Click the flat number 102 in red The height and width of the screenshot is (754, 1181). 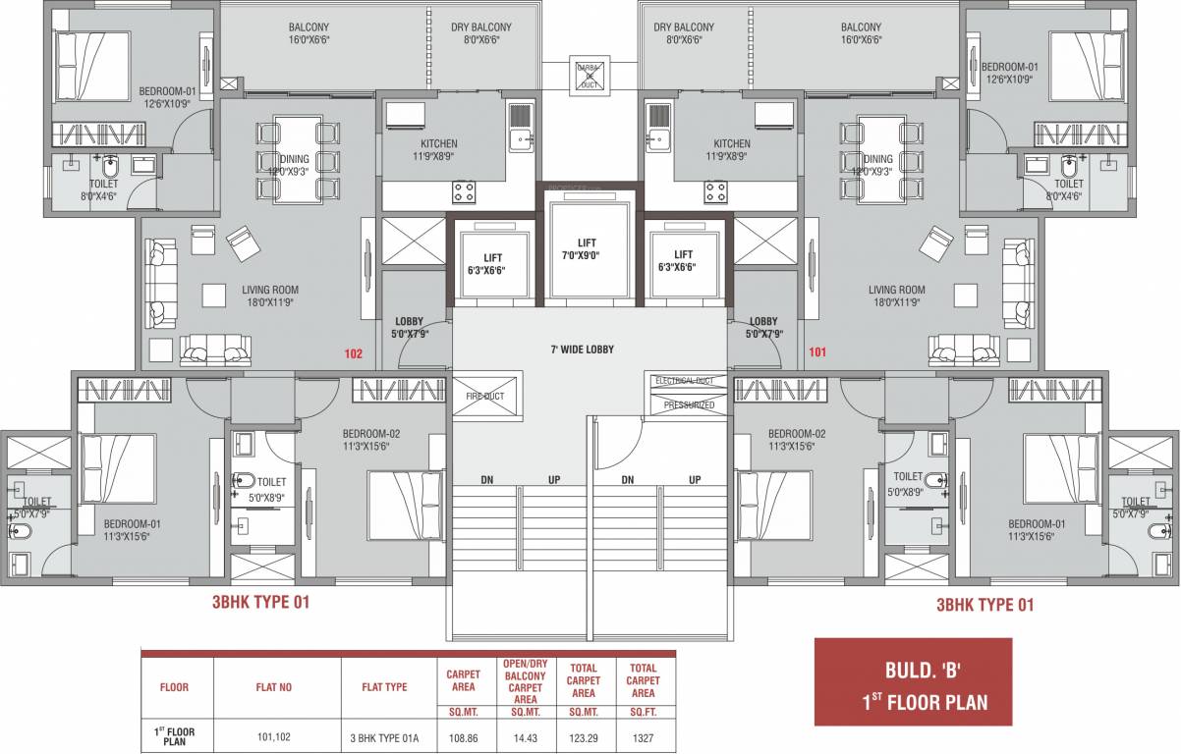tap(354, 352)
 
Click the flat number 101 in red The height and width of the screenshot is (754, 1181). tap(817, 352)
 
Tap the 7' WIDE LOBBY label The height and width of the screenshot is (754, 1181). tap(589, 350)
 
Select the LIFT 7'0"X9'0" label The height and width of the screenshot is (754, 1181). tap(587, 248)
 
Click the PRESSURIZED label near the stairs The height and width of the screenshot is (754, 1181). tap(689, 404)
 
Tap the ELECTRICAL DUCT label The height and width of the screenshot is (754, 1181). tap(689, 380)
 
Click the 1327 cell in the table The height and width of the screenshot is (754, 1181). tap(643, 736)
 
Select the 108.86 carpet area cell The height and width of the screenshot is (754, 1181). tap(463, 736)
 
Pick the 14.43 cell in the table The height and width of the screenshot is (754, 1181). tap(524, 736)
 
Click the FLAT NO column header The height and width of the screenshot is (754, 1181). tap(275, 687)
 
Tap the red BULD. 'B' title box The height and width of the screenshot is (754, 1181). tap(913, 682)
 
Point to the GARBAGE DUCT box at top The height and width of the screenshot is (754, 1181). tap(590, 75)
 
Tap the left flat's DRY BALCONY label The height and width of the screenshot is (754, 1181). tap(481, 33)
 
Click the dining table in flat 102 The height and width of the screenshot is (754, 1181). tap(295, 159)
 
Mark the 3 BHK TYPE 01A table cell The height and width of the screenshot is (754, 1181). tap(384, 736)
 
